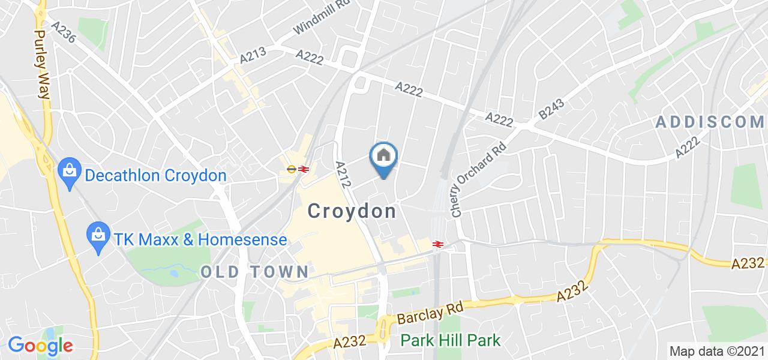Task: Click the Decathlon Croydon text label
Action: (155, 176)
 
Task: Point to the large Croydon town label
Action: (352, 211)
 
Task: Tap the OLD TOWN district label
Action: (254, 271)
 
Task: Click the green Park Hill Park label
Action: (451, 341)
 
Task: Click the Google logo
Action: (40, 346)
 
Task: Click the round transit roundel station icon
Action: (291, 169)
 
